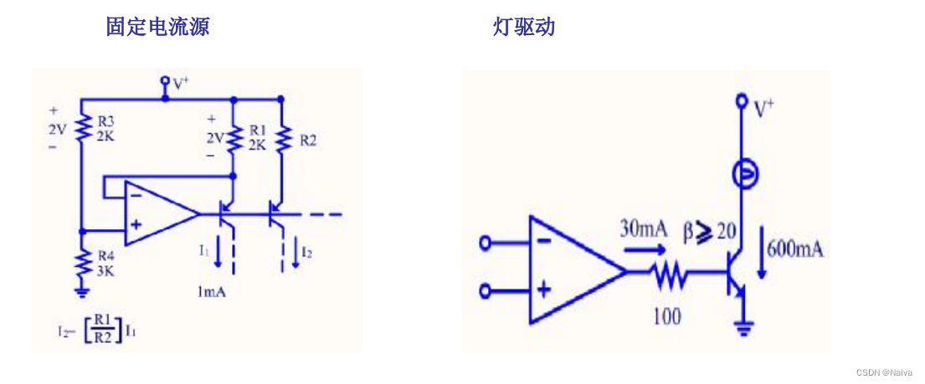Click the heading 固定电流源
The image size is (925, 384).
coord(157,27)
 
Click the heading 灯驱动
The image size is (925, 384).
coord(524,27)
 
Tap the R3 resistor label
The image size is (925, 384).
coord(106,125)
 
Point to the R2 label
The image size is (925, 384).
coord(308,141)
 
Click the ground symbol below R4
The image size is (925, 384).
coord(82,291)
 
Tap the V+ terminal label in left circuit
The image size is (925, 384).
coord(180,83)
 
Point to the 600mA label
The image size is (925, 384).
coord(794,248)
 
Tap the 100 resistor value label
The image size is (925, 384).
coord(666,316)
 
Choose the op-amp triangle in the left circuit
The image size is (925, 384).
coord(158,214)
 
